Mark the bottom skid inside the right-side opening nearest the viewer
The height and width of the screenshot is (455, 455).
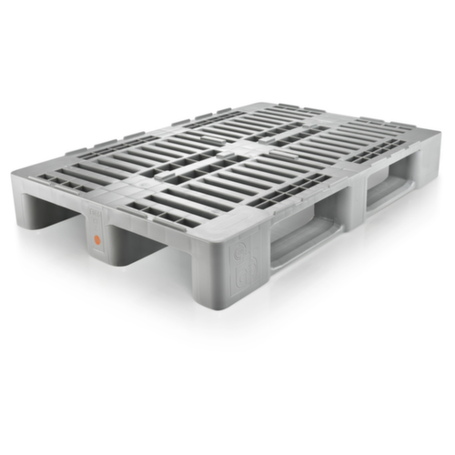(x=300, y=249)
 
